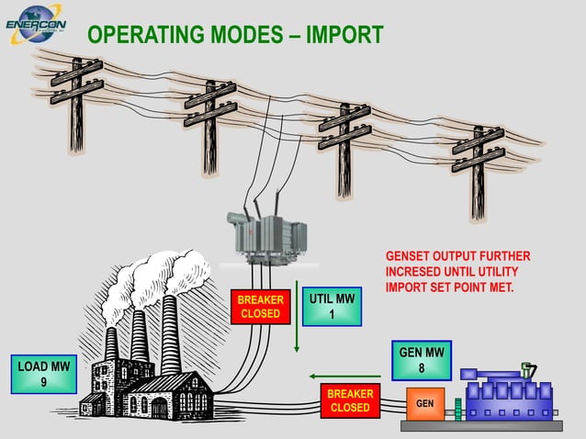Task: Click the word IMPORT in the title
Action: [344, 36]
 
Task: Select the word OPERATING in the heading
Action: [147, 36]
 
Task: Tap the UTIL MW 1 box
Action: [332, 307]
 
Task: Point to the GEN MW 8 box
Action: [421, 361]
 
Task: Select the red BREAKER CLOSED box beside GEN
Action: [349, 400]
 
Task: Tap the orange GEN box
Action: [425, 405]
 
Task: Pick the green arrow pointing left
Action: [344, 376]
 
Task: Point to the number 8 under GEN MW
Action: [421, 369]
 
